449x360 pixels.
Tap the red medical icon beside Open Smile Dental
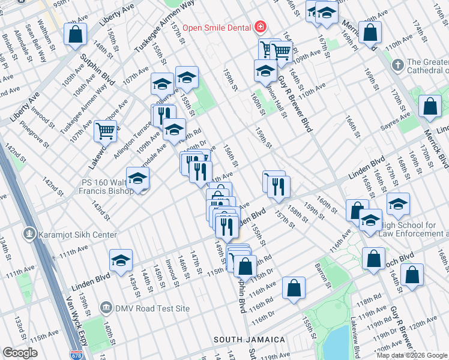260,26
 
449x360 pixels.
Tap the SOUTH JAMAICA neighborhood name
250,340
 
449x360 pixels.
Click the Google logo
20,352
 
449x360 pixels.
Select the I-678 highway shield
76,355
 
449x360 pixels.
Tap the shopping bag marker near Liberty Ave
76,35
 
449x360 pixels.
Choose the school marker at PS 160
137,179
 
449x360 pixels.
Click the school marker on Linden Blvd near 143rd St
121,261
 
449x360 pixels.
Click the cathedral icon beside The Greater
397,64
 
